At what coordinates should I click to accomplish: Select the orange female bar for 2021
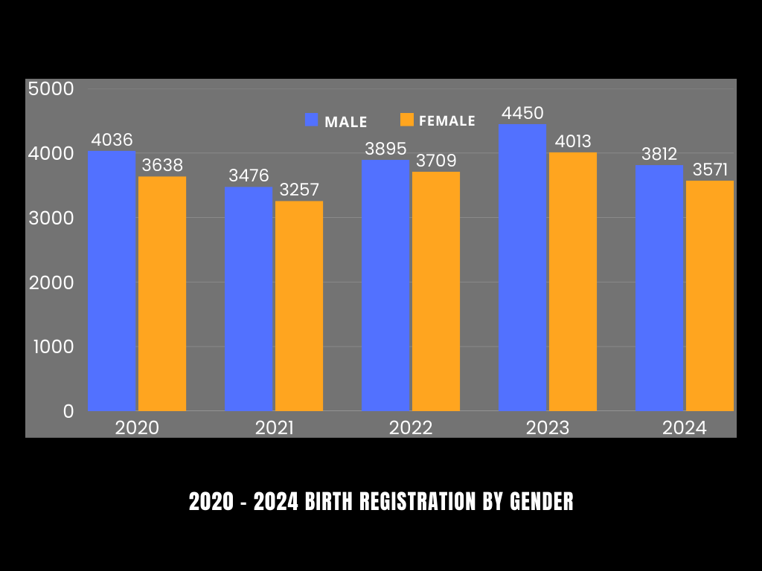(x=299, y=306)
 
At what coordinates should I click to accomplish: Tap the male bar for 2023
(x=522, y=268)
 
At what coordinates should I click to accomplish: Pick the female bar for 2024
(x=710, y=296)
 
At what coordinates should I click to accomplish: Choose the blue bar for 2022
(x=385, y=285)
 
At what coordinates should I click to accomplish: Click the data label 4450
(x=522, y=114)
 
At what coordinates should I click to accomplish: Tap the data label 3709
(x=436, y=161)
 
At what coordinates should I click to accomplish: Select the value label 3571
(x=710, y=170)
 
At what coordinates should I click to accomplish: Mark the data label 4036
(x=112, y=140)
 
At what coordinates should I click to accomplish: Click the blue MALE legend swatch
(x=312, y=120)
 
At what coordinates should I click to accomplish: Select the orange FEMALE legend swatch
(x=406, y=120)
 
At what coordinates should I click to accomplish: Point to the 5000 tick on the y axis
(x=51, y=89)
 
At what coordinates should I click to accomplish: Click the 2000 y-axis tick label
(x=51, y=283)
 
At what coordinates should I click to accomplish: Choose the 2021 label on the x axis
(x=274, y=428)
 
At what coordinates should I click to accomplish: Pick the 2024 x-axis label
(x=685, y=428)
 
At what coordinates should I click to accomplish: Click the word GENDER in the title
(x=542, y=502)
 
